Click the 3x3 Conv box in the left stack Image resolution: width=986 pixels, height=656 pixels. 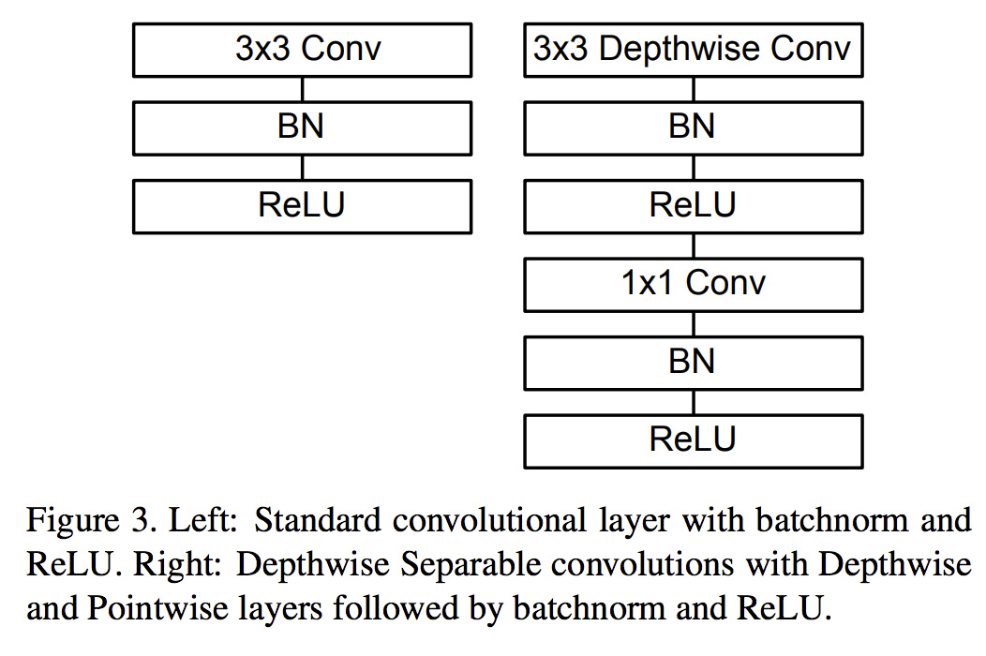(302, 51)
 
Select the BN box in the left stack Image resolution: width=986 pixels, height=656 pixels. (302, 128)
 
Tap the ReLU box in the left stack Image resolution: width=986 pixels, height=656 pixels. (302, 207)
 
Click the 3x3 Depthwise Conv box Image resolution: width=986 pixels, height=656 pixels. (693, 51)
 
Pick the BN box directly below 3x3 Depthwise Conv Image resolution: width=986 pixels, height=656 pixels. (693, 128)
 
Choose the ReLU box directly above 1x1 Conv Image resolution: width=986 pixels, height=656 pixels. (693, 207)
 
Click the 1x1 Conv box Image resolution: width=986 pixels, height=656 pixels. (693, 285)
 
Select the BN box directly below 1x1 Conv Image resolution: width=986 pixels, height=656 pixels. (693, 363)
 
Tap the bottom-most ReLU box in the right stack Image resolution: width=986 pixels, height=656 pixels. (693, 441)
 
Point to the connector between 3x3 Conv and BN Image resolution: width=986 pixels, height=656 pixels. (303, 89)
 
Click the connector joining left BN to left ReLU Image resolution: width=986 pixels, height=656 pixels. (303, 168)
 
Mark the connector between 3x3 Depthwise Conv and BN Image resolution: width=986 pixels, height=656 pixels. (694, 89)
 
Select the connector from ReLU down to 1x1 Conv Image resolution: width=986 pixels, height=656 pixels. (694, 246)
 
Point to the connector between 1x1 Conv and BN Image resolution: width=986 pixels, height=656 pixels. (694, 324)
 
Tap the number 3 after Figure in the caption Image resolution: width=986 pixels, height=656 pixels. (140, 521)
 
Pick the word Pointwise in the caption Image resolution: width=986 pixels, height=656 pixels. (157, 608)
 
